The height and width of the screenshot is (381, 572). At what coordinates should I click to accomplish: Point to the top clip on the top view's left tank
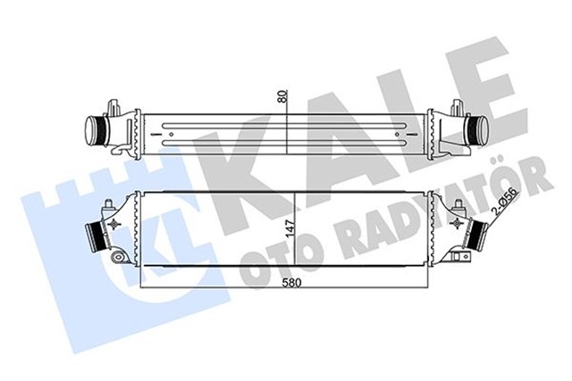(x=113, y=106)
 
